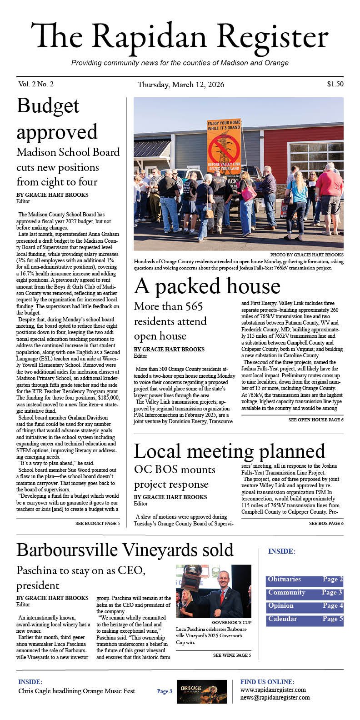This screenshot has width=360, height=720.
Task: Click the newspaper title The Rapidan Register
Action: [180, 37]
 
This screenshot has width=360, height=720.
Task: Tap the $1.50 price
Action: [335, 84]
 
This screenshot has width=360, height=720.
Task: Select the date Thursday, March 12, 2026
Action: [180, 85]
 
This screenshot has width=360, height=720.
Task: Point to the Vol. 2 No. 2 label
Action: [36, 84]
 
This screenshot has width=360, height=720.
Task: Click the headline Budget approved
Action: [57, 119]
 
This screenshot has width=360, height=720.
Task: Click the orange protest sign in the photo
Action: [224, 143]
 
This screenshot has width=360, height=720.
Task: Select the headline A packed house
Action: [207, 286]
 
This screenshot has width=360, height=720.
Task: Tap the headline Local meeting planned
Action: [230, 451]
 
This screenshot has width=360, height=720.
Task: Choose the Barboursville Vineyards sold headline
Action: [125, 550]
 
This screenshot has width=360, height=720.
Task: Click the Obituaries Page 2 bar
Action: [305, 580]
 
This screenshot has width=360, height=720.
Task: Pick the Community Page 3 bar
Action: [305, 593]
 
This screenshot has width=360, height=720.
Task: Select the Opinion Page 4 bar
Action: [305, 606]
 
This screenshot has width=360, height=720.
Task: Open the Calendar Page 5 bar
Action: [305, 620]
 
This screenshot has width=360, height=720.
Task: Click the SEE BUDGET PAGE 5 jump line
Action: [97, 524]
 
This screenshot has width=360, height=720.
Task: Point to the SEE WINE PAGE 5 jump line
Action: [232, 655]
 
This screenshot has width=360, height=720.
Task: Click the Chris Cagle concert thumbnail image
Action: [201, 691]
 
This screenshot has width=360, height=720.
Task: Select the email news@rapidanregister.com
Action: [275, 697]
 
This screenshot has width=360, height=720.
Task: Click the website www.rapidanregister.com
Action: [273, 690]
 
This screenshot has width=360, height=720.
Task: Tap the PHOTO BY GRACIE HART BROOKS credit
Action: [306, 255]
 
